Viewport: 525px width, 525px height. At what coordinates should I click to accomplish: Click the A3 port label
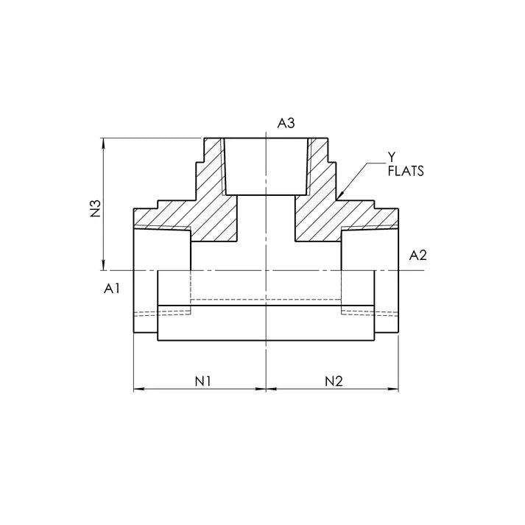pos(286,123)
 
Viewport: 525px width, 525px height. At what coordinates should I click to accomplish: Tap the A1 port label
pos(111,288)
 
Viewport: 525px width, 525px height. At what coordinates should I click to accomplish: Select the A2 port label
pos(417,256)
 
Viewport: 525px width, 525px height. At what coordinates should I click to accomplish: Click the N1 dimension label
pos(203,381)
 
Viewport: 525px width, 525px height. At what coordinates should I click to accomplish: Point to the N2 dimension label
pos(334,381)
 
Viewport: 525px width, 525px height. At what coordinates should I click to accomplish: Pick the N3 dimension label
pos(96,208)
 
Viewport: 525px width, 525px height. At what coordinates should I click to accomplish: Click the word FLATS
pos(406,171)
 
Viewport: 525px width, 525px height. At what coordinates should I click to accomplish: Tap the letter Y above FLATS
pos(392,157)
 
